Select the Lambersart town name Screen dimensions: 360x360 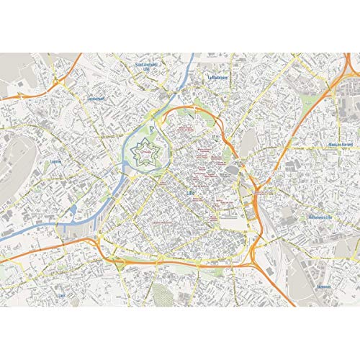point(96,99)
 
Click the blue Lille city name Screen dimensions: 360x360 point(189,174)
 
